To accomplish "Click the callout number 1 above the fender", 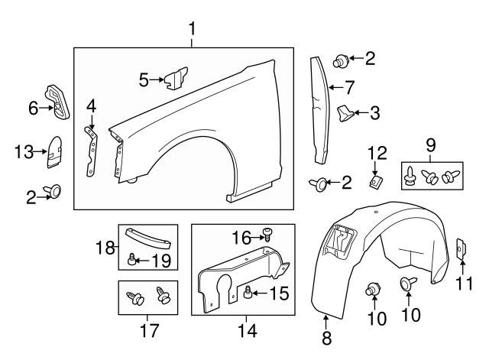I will (193, 30).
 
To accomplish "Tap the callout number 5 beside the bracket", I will (144, 78).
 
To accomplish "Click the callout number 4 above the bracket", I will (91, 105).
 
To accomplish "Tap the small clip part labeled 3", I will (345, 114).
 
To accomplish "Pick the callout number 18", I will (105, 247).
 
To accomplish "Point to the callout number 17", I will (147, 332).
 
